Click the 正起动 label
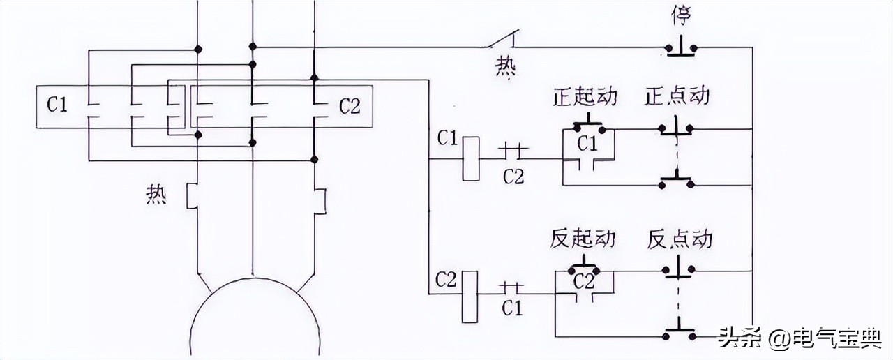(x=585, y=96)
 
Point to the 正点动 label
(x=677, y=96)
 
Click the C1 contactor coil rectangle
(x=470, y=158)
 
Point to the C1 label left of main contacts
(x=58, y=106)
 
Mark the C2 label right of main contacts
(x=350, y=107)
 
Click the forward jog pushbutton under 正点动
(x=676, y=128)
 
